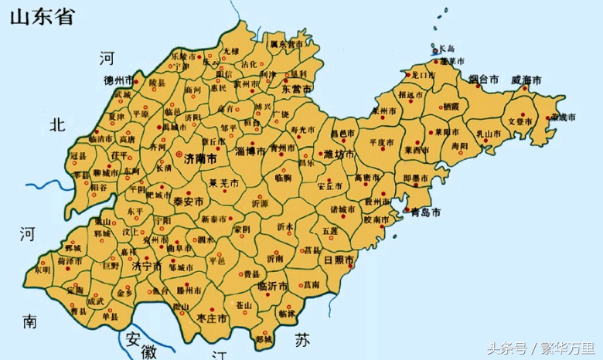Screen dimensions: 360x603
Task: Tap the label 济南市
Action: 200,155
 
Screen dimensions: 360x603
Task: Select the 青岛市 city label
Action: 426,212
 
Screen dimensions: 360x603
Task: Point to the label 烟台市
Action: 484,80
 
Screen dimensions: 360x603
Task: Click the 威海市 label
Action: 526,80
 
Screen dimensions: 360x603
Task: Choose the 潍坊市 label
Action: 339,154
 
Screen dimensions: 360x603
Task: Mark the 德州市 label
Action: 118,80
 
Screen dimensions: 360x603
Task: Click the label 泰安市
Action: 188,201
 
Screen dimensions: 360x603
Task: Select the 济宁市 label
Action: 147,266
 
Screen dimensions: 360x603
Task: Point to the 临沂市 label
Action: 272,286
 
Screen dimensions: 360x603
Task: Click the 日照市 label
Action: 338,259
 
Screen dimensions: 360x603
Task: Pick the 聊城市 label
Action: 105,172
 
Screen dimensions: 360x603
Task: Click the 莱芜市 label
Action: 223,183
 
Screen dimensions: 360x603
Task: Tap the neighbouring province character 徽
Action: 148,352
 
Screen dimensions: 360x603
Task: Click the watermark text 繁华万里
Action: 567,347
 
